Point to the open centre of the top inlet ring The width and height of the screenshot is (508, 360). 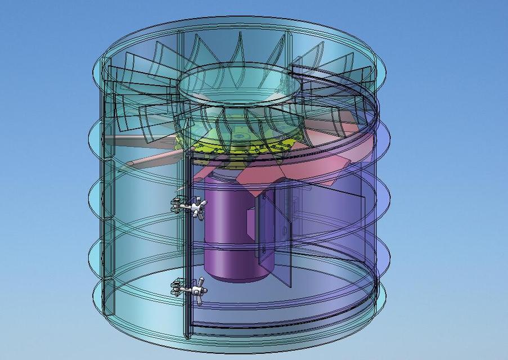(236, 84)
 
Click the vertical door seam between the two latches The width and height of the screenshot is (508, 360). (185, 247)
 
